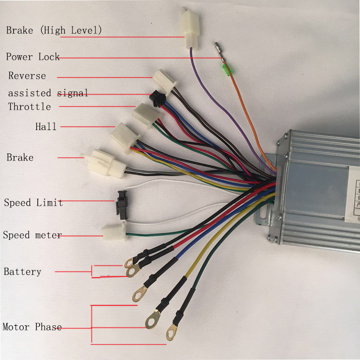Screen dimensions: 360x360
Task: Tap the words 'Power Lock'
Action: (x=32, y=57)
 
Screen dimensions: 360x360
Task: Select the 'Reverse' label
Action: (x=27, y=75)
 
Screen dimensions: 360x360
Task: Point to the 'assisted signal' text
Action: (x=48, y=93)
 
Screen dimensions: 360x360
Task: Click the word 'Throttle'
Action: (x=29, y=107)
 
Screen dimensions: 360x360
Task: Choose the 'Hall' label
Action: (x=46, y=126)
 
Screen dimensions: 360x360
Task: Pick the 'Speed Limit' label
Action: (x=33, y=202)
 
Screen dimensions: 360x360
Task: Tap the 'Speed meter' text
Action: (x=32, y=235)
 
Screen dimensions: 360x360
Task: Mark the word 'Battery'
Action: (x=22, y=271)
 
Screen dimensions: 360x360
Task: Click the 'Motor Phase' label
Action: (x=32, y=327)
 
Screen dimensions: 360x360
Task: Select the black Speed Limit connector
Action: (x=121, y=204)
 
